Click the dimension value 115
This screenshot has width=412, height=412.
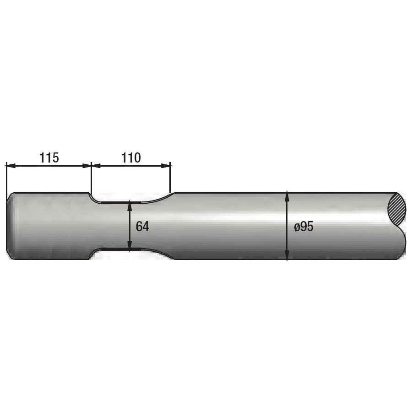[49, 158]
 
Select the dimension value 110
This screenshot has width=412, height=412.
[131, 158]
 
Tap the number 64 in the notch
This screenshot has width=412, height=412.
[142, 226]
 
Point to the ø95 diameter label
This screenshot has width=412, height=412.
[304, 227]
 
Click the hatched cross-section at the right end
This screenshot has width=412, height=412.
[397, 209]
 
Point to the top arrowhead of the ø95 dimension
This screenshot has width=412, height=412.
[287, 195]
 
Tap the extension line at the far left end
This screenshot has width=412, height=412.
[6, 179]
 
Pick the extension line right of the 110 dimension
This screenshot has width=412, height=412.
[170, 179]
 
